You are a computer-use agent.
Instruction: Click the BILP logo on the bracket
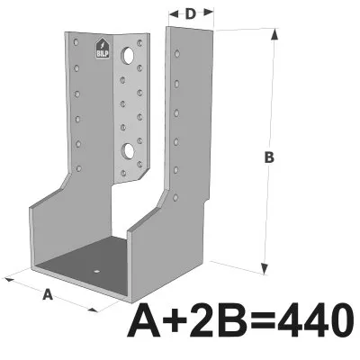pos(103,50)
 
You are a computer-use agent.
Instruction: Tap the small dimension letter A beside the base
pos(48,293)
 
